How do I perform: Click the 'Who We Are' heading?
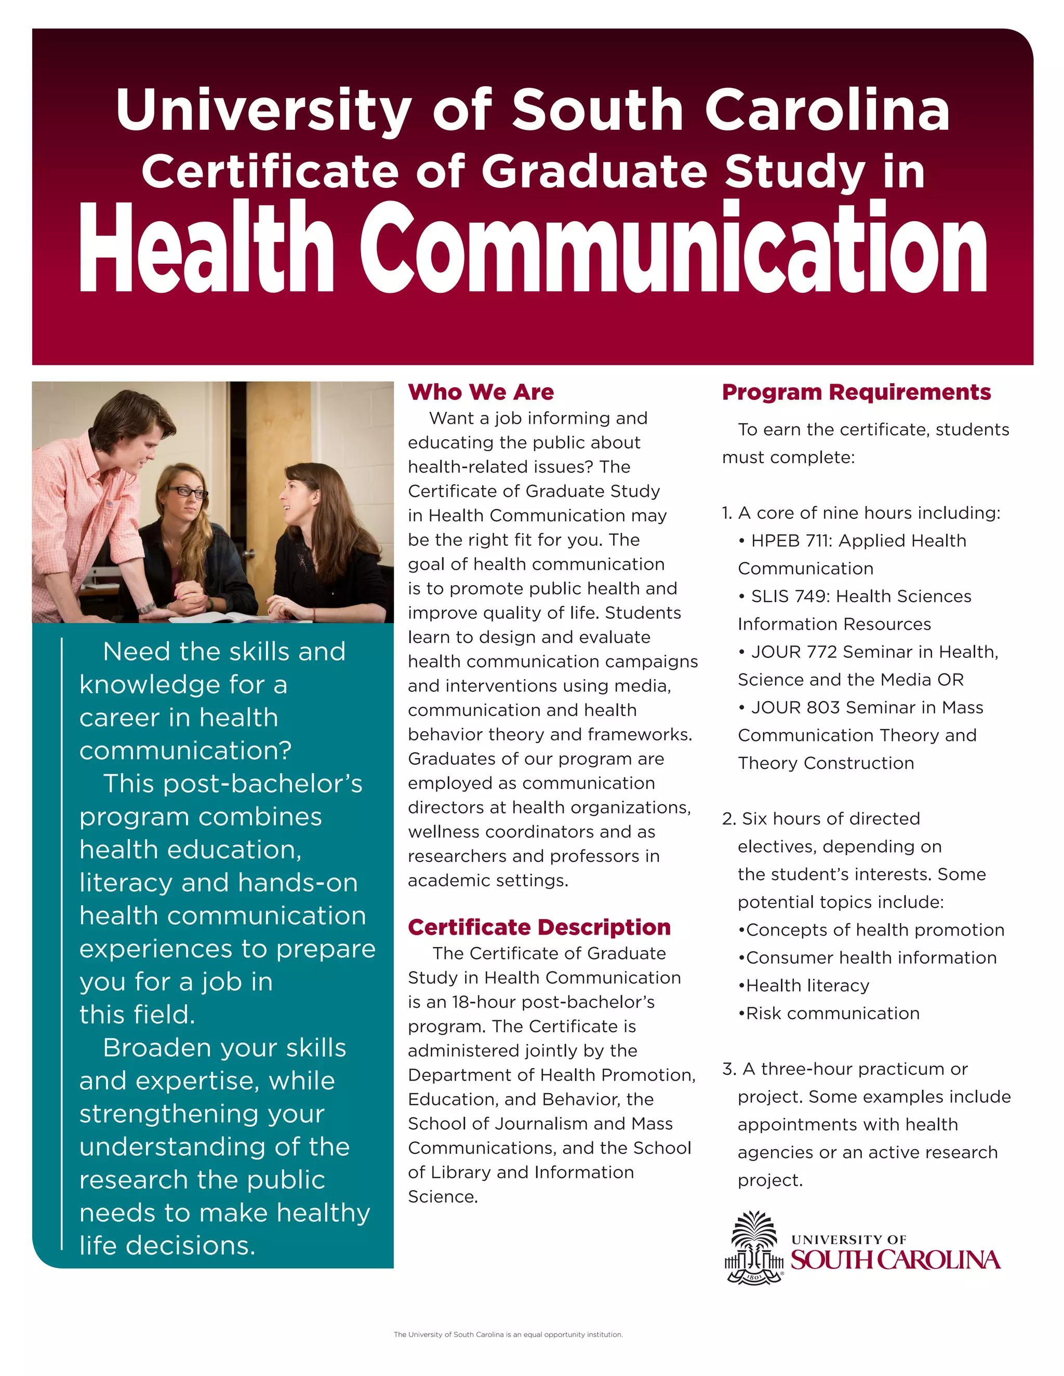(x=481, y=392)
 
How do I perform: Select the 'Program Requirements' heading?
(x=856, y=392)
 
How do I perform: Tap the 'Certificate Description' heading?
(x=539, y=927)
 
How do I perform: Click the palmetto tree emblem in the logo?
(x=754, y=1247)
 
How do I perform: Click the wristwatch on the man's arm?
(x=147, y=606)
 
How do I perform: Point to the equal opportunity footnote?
(x=508, y=1334)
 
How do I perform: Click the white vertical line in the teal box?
(x=62, y=945)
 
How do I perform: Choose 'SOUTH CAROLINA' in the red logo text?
(x=895, y=1260)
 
